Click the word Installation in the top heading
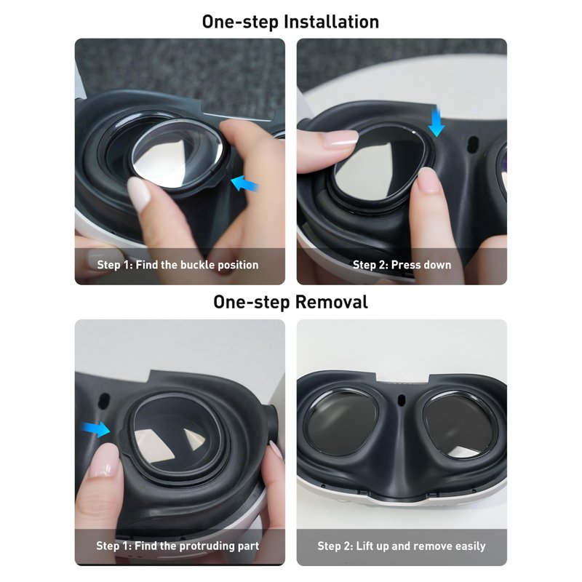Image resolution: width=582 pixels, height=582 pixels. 331,22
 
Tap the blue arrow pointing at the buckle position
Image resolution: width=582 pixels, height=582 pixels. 245,183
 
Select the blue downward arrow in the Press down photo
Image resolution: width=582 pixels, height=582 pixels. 436,121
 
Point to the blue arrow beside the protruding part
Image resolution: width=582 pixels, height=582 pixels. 96,428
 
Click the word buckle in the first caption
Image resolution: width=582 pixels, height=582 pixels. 197,265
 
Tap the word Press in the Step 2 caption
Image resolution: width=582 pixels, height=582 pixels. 405,265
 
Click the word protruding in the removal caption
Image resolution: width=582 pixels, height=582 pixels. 203,546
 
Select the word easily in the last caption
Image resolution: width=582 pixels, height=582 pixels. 470,546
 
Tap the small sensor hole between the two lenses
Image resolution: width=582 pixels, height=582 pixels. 402,400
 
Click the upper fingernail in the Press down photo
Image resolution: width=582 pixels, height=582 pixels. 340,139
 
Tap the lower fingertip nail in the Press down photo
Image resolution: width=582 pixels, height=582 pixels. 431,180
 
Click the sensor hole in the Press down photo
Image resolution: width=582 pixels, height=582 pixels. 473,143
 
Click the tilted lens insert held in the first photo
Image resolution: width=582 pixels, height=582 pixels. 177,156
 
